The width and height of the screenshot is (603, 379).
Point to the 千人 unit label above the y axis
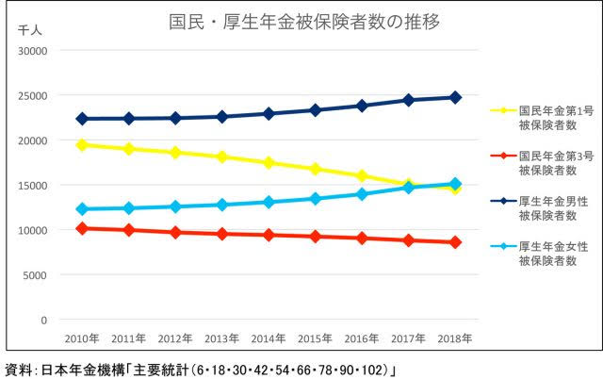pos(29,31)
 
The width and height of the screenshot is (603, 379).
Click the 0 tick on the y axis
pos(42,321)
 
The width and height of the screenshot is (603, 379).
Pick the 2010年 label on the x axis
pos(81,337)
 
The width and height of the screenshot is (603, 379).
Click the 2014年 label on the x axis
pos(269,337)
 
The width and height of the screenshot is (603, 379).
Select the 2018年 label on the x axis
pos(455,337)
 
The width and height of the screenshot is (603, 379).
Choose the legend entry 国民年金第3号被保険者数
pos(551,162)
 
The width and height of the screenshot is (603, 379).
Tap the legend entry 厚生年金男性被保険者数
pos(551,207)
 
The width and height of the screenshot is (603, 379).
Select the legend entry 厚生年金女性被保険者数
pos(551,253)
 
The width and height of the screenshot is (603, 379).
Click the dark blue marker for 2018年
pos(455,97)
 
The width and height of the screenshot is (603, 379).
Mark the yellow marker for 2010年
pos(82,145)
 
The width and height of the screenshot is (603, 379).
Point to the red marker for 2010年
pos(82,228)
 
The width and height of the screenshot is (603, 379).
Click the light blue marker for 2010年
pos(82,209)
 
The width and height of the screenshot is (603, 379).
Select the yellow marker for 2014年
pos(269,163)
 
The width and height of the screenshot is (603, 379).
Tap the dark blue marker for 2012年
pos(175,118)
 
